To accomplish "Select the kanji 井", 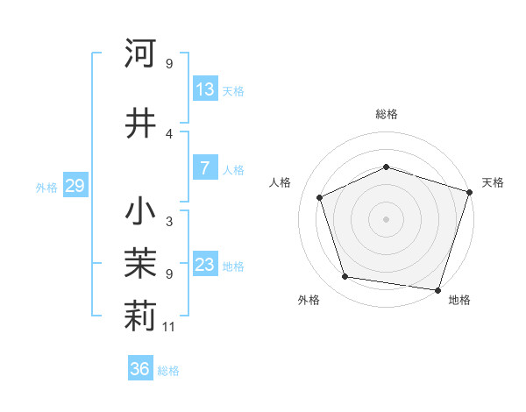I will (x=140, y=123).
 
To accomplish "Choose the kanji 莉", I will (x=140, y=318).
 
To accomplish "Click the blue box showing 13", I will (x=205, y=89).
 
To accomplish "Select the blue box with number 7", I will (x=205, y=168).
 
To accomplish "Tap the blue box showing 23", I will (x=205, y=265).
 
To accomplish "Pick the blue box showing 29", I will (x=75, y=186).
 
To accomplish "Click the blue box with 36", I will (x=140, y=369).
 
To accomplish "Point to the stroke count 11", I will (x=170, y=327).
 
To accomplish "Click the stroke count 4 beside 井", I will (x=169, y=133).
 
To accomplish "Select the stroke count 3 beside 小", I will (x=169, y=222).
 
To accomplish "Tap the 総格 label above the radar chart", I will (x=387, y=114).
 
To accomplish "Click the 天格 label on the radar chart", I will (x=493, y=182).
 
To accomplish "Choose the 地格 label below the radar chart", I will (x=459, y=300).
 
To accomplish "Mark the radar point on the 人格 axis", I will (x=320, y=197).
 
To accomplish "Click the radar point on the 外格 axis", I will (x=345, y=277).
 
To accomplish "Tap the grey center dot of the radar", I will (x=387, y=219).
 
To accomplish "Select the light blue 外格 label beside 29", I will (x=46, y=187).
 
